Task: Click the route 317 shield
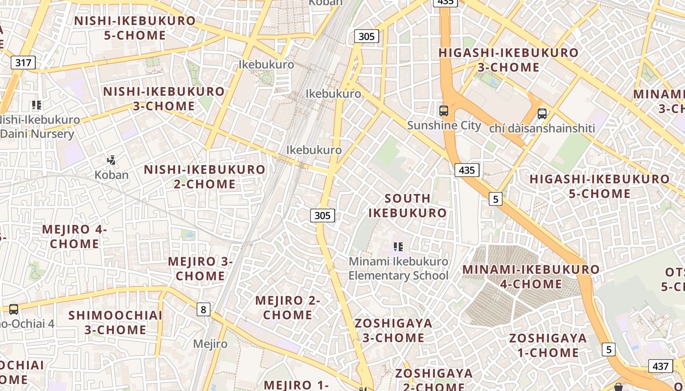point(23,63)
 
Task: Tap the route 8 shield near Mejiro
point(204,309)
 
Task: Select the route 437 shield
point(661,366)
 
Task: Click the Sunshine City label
point(444,126)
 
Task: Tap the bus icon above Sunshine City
point(444,111)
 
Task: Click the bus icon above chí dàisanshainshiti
point(542,114)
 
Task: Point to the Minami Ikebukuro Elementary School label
point(398,268)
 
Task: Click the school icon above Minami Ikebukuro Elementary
point(398,247)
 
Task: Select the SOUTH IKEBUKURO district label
point(408,206)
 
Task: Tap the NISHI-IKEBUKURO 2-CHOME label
point(205,177)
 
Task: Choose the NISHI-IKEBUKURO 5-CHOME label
point(135,28)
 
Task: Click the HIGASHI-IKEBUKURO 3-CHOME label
point(508,60)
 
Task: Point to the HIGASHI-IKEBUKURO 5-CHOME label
point(599,186)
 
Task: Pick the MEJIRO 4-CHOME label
point(74,237)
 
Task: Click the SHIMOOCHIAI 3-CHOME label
point(115,323)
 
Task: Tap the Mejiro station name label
point(210,344)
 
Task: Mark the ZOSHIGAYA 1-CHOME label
point(548,346)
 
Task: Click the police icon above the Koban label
point(112,160)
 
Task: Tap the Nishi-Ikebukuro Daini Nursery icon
point(36,105)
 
